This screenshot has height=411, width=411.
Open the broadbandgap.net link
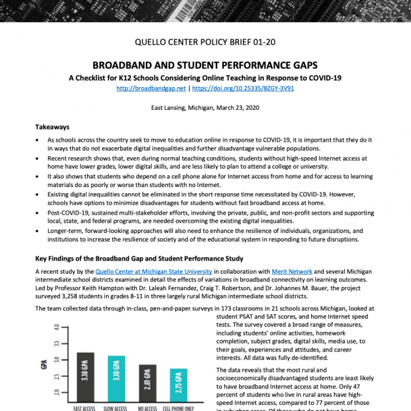tap(151, 88)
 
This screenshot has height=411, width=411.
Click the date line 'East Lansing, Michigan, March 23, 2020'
tap(205, 107)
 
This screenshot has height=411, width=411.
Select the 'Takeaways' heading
tap(52, 127)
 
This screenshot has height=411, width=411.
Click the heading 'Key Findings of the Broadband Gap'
tap(139, 258)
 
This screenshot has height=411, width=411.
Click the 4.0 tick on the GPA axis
tap(57, 328)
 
